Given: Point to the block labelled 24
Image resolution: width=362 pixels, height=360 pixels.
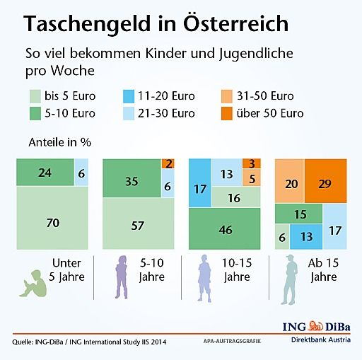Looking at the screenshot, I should (45, 172).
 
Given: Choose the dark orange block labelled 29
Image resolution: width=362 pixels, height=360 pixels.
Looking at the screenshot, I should (325, 182).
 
